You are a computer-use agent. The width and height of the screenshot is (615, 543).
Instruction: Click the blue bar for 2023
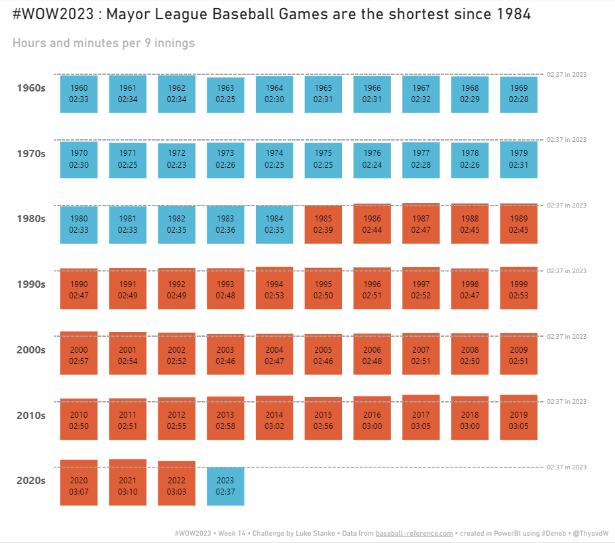click(x=225, y=486)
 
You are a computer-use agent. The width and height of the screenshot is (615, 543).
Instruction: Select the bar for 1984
click(x=274, y=225)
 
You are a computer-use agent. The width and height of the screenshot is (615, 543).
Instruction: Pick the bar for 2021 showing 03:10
click(x=128, y=482)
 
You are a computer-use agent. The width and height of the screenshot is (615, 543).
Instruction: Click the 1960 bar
click(x=79, y=94)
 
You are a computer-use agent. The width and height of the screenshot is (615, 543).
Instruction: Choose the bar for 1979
click(x=518, y=159)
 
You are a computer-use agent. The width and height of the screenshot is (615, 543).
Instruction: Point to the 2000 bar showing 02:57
click(x=79, y=355)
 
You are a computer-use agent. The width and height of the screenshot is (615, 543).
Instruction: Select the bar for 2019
click(x=518, y=418)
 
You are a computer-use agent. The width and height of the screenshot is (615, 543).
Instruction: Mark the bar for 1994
click(x=274, y=288)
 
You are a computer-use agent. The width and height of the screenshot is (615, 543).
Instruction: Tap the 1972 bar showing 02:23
click(x=176, y=160)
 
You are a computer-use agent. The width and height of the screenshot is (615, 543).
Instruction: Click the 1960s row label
click(x=31, y=88)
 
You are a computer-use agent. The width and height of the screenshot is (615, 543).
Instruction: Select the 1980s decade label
click(x=31, y=219)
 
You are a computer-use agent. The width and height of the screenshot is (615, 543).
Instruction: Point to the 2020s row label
click(x=31, y=481)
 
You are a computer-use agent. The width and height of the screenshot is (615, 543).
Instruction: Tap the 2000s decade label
click(x=31, y=350)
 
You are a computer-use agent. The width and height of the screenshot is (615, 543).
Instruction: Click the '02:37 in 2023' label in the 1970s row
click(x=567, y=140)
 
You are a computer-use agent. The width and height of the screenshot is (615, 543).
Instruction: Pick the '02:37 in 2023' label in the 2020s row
click(x=567, y=467)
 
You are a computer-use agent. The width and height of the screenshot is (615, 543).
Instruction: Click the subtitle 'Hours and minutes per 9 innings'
click(x=103, y=43)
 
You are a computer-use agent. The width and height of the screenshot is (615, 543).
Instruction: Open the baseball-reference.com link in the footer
click(x=414, y=533)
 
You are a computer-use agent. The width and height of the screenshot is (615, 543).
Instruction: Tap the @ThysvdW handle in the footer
click(x=590, y=533)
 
